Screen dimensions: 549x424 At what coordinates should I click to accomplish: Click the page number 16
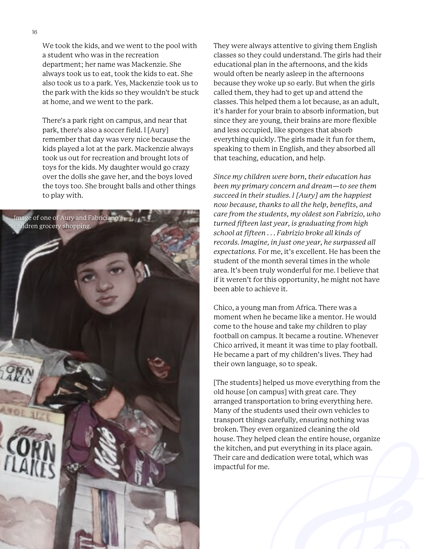(35, 32)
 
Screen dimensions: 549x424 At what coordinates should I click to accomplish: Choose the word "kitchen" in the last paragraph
(238, 448)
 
